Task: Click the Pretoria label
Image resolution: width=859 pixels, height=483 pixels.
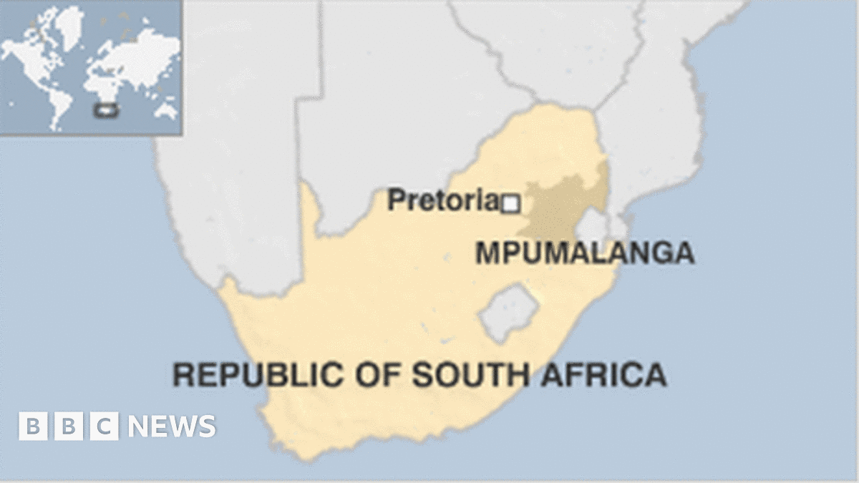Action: click(x=442, y=200)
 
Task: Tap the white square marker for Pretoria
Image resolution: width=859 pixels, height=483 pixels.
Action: click(x=510, y=205)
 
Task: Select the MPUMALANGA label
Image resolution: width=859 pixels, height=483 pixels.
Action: click(x=585, y=253)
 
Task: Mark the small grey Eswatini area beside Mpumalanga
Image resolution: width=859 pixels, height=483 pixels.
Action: click(x=592, y=227)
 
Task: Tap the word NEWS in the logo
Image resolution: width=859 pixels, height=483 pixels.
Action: click(x=172, y=426)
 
